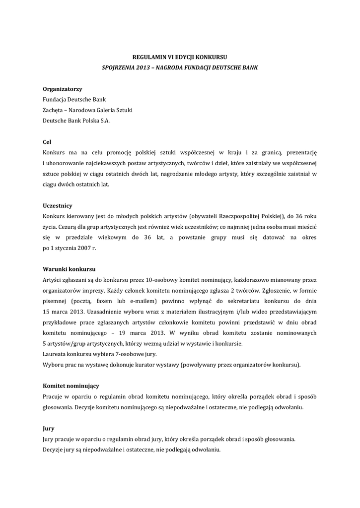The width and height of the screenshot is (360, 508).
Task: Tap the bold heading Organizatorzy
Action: click(x=62, y=89)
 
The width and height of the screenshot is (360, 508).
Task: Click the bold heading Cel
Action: click(x=47, y=141)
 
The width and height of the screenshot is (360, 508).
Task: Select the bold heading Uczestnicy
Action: click(x=58, y=205)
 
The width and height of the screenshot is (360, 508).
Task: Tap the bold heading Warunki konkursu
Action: click(x=69, y=269)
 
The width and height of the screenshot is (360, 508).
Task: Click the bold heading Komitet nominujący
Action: click(x=71, y=385)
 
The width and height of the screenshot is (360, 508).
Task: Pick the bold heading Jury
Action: click(x=49, y=428)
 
